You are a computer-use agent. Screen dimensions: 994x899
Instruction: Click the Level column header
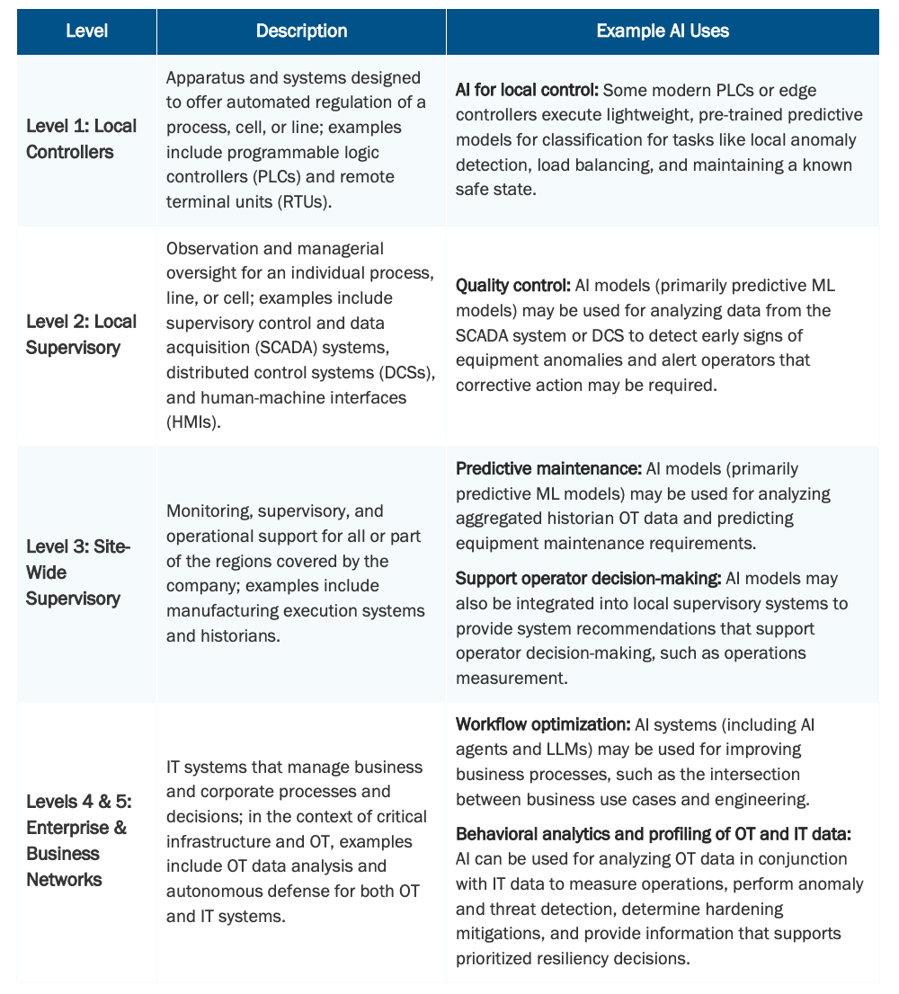(86, 31)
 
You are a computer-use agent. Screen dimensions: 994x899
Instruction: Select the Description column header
(301, 31)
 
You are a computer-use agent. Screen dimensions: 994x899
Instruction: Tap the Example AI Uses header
(663, 31)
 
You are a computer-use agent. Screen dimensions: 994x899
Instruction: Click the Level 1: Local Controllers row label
(82, 138)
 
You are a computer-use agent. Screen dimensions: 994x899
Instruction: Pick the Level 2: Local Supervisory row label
(82, 334)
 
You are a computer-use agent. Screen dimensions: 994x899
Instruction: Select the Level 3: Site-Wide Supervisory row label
(78, 572)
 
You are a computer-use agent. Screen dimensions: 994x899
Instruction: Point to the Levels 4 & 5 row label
(76, 840)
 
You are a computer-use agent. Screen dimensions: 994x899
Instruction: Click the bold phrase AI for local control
(527, 91)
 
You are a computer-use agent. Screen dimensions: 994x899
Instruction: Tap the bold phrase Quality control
(512, 286)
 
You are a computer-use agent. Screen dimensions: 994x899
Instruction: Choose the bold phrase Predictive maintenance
(548, 469)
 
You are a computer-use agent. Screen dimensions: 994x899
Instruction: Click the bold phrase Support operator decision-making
(588, 578)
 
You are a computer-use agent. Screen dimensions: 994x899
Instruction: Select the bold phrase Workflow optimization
(543, 724)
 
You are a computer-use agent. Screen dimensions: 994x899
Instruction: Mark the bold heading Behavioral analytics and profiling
(654, 835)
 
